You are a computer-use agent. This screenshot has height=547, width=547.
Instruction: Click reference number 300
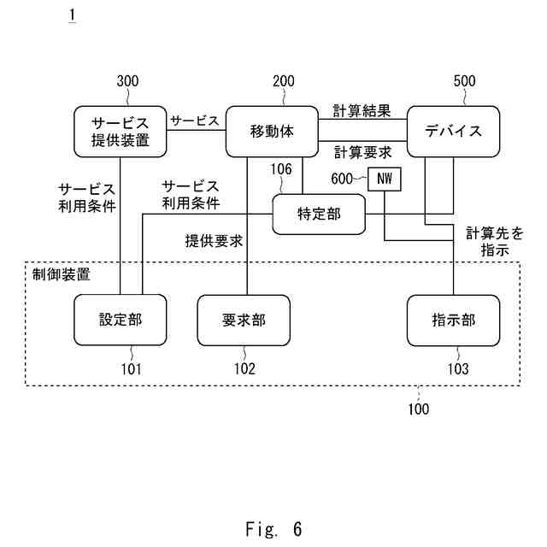click(x=127, y=81)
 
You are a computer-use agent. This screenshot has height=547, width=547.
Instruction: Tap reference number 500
click(x=464, y=81)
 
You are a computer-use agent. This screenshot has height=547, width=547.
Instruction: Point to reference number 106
click(x=281, y=169)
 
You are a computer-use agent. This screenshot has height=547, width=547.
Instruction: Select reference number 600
click(x=342, y=179)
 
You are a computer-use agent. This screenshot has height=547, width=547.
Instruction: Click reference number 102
click(x=244, y=368)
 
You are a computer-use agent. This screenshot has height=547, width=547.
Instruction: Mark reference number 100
click(x=419, y=409)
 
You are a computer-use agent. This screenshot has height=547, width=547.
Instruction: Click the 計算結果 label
click(x=362, y=111)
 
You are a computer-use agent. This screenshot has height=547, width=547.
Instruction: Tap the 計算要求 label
click(x=362, y=153)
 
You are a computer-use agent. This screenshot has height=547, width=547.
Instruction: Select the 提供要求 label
click(x=214, y=241)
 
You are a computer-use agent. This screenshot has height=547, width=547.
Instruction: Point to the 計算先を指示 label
click(x=495, y=241)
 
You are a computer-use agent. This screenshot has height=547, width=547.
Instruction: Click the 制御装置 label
click(x=62, y=274)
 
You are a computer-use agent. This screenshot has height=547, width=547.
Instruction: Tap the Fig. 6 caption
click(x=273, y=529)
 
